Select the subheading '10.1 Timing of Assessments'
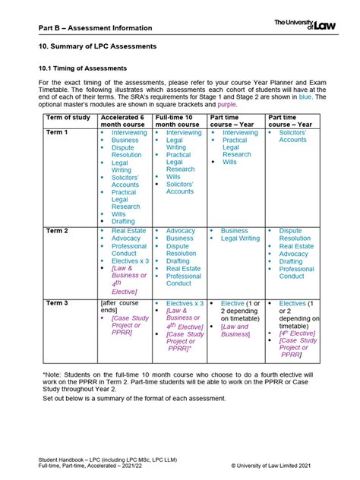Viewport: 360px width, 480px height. click(x=82, y=67)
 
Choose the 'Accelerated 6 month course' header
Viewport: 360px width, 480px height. click(x=123, y=120)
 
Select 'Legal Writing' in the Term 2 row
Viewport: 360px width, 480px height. click(x=240, y=238)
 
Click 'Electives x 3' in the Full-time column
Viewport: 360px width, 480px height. click(x=185, y=303)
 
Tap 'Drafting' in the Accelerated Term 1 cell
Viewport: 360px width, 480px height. click(x=123, y=222)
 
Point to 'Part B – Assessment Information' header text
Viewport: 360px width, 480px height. click(x=96, y=27)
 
